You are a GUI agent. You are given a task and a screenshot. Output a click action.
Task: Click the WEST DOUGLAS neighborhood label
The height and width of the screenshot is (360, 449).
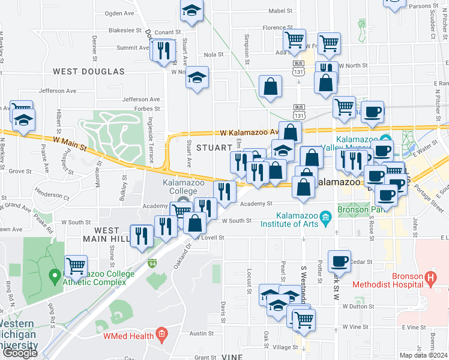click(x=88, y=71)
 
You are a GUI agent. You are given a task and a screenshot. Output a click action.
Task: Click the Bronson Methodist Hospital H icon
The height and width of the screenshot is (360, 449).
click(x=429, y=278)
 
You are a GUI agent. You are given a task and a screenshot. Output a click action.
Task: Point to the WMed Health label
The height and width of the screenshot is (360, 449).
click(x=129, y=336)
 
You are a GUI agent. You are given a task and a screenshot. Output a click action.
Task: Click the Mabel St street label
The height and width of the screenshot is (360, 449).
click(x=280, y=11)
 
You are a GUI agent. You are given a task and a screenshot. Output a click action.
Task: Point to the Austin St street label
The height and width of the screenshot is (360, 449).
click(x=198, y=333)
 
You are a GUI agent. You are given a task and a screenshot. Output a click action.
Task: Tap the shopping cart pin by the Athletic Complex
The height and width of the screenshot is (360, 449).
click(x=76, y=265)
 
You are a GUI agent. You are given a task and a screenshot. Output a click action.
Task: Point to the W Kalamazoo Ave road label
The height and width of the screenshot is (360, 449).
click(x=249, y=132)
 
